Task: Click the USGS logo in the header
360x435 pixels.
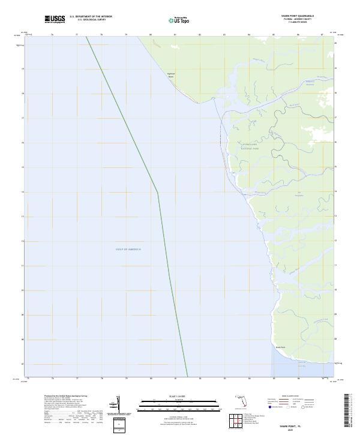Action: (55, 19)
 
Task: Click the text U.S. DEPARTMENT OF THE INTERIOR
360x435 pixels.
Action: (91, 17)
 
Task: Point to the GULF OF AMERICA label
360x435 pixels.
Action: (129, 249)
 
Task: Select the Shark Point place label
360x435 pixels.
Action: (280, 347)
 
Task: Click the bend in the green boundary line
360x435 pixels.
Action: (158, 193)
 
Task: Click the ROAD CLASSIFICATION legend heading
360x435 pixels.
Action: (290, 397)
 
